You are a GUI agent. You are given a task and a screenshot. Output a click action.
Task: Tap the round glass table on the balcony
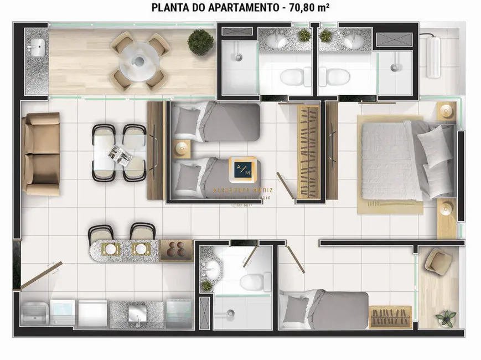coord(138,60)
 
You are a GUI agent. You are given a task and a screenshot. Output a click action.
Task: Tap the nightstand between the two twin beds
coord(183,148)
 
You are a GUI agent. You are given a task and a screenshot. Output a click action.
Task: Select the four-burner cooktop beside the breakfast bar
coord(175,250)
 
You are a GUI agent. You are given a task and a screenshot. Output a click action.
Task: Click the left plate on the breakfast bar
coord(111,250)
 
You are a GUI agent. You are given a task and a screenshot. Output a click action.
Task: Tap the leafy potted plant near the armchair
coord(446,318)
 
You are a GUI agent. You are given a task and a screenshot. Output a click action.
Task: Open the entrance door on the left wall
coord(39,275)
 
